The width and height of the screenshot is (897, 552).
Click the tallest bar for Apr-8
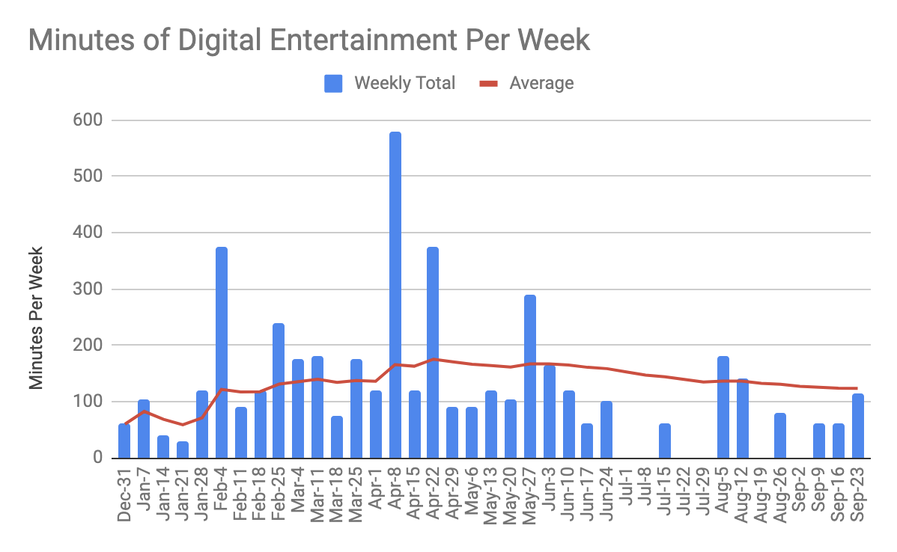point(395,295)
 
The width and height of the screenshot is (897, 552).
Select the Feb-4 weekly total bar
point(222,352)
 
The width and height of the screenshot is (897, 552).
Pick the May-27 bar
point(531,376)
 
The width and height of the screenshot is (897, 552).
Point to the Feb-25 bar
point(279,390)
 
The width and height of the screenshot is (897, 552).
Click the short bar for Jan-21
point(183,450)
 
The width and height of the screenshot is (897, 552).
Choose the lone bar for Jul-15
point(666,441)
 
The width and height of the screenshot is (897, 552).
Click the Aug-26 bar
point(781,435)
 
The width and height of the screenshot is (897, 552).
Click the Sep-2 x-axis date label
point(800,491)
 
